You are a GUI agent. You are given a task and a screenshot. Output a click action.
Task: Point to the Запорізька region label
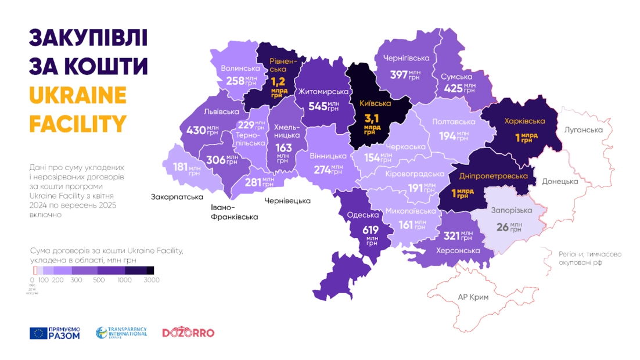(x=508, y=211)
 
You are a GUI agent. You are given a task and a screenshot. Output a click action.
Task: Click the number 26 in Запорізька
(x=502, y=227)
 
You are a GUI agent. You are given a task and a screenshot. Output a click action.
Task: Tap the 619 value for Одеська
(x=370, y=229)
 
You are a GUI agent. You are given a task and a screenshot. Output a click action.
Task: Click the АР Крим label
(x=473, y=297)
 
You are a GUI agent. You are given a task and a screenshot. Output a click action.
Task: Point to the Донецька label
(x=560, y=181)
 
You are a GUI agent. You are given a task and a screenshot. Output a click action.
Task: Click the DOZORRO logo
(x=188, y=333)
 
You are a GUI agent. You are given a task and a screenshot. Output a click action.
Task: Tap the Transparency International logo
(x=121, y=333)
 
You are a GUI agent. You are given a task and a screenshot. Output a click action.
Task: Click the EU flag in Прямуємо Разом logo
(x=38, y=333)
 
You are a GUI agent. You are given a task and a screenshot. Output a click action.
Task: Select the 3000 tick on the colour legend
(x=152, y=280)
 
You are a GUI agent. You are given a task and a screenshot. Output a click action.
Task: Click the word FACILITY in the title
(x=78, y=123)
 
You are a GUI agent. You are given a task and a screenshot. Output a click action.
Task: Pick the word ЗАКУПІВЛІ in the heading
(x=88, y=38)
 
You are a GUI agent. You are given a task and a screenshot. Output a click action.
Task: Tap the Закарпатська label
(x=177, y=197)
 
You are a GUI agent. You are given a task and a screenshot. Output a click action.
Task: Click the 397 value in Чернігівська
(x=399, y=74)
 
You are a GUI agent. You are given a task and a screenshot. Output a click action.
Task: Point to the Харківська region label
(x=524, y=121)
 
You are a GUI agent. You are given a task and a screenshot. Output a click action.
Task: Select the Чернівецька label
(x=287, y=201)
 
